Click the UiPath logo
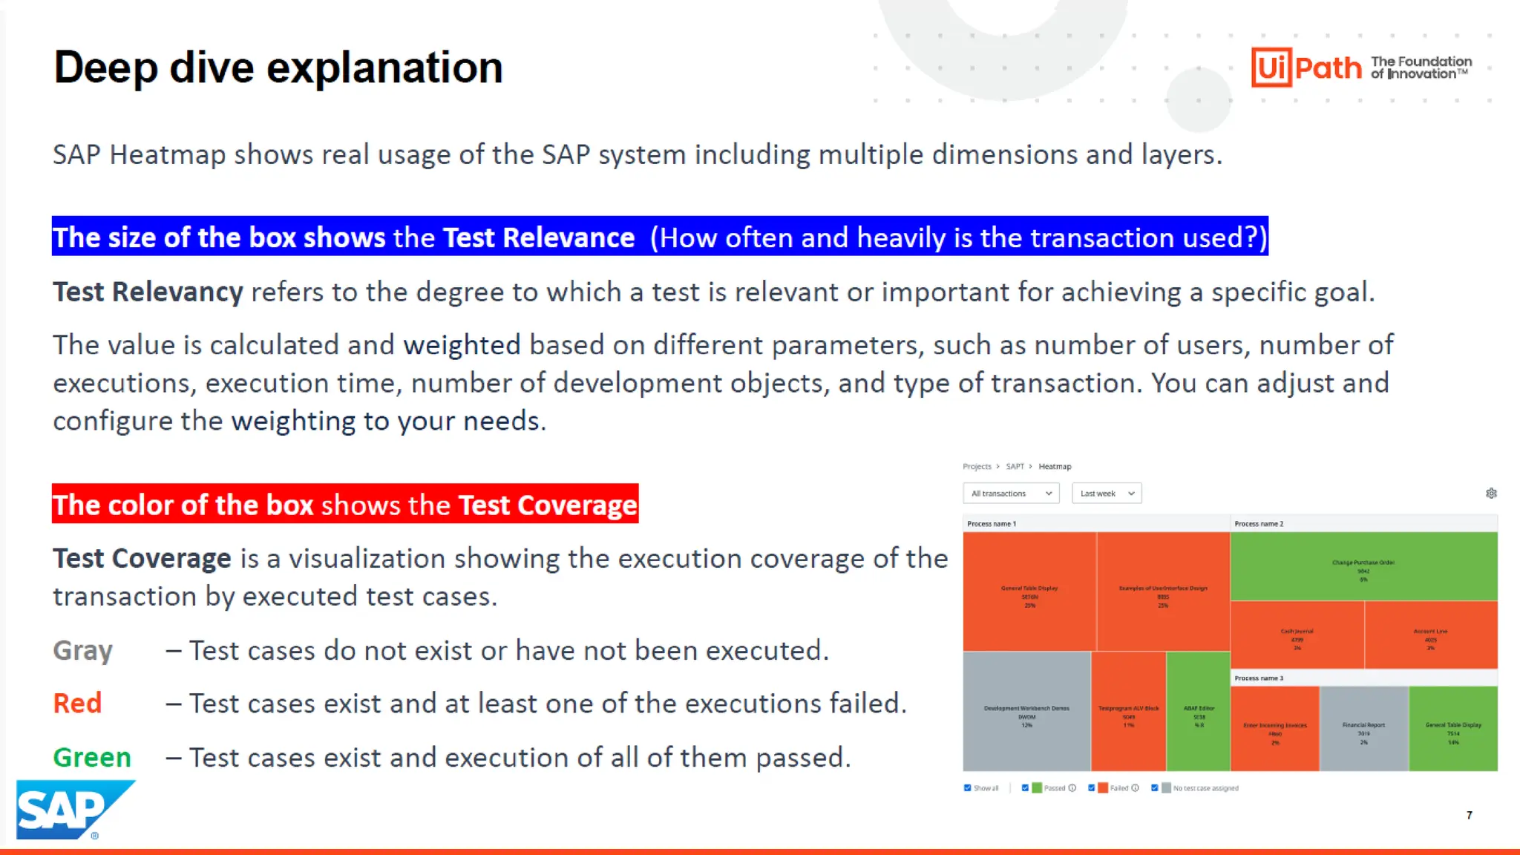[1306, 68]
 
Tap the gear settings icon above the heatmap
[1491, 494]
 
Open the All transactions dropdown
[1011, 494]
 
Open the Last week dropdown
[1106, 494]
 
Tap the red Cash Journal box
[1297, 635]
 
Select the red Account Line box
[1430, 635]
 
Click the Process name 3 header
[1259, 678]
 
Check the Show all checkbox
[967, 788]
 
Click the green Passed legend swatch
[1037, 788]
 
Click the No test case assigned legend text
[1205, 788]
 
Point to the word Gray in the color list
[82, 651]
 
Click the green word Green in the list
[92, 758]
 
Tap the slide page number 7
[1469, 815]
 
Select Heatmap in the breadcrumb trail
[1054, 467]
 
